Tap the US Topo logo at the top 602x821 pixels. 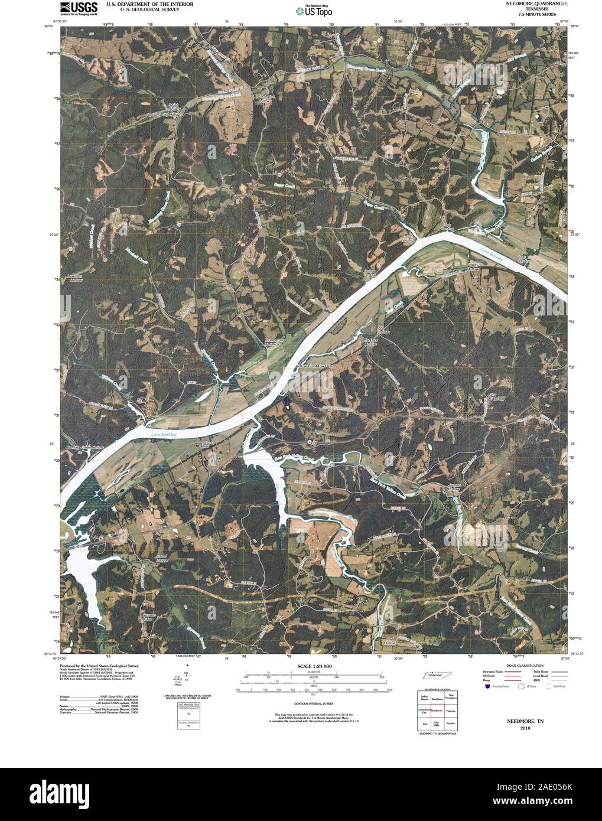click(314, 10)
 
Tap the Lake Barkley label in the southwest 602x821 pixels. click(164, 435)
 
